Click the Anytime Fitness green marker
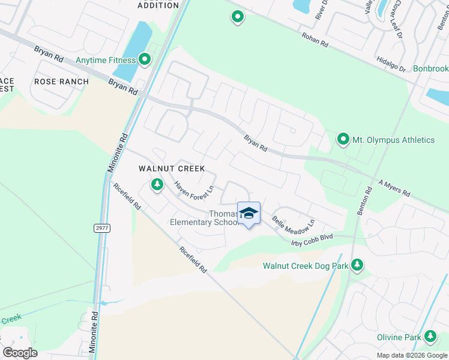pyautogui.click(x=145, y=59)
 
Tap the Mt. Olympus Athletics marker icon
pyautogui.click(x=343, y=140)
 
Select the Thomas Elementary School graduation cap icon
pyautogui.click(x=249, y=214)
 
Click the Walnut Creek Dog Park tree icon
pyautogui.click(x=357, y=265)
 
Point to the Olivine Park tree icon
pyautogui.click(x=430, y=337)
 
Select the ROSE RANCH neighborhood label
pyautogui.click(x=61, y=82)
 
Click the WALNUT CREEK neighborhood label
pyautogui.click(x=172, y=169)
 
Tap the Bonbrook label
pyautogui.click(x=430, y=69)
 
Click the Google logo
pyautogui.click(x=20, y=352)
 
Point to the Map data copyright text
pyautogui.click(x=411, y=355)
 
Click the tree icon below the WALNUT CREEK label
pyautogui.click(x=157, y=184)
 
